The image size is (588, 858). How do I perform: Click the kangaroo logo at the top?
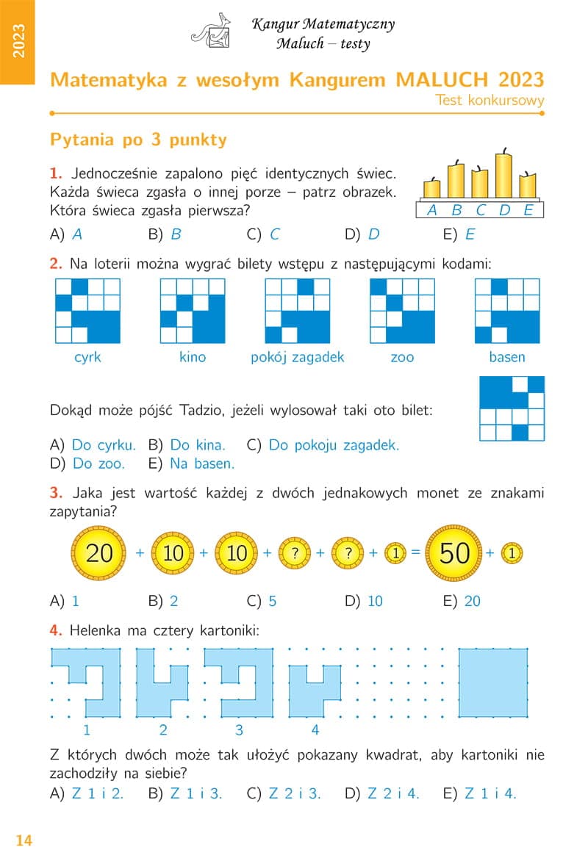point(212,32)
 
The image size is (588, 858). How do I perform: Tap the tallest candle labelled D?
point(504,174)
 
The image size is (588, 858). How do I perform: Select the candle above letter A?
point(432,187)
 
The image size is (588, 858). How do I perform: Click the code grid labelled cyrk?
point(88,311)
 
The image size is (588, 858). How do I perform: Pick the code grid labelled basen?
point(507,311)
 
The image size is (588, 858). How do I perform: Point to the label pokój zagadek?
point(298,358)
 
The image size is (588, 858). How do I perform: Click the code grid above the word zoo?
point(402,311)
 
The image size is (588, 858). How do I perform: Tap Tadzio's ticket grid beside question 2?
point(512,408)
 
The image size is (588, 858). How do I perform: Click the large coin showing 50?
point(454,553)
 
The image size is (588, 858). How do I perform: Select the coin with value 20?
point(98,553)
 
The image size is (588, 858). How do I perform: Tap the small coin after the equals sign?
point(512,553)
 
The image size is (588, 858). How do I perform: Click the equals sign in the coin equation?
point(415,552)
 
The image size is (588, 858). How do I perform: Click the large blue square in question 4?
point(493,683)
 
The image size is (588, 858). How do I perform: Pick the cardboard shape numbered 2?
point(163,683)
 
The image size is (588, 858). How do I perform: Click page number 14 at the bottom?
point(24,840)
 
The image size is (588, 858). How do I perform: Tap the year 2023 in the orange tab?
point(18,41)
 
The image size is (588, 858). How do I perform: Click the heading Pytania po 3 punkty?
point(138,140)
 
